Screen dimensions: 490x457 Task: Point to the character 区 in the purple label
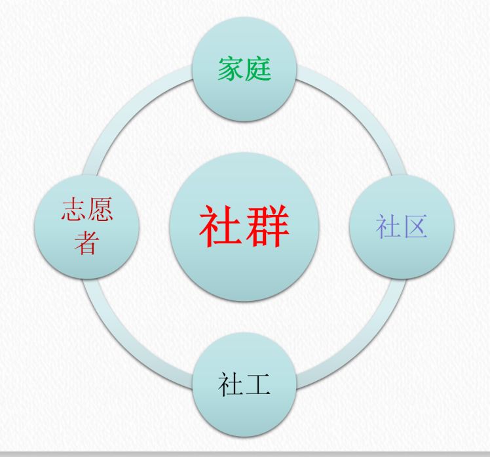tap(415, 227)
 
